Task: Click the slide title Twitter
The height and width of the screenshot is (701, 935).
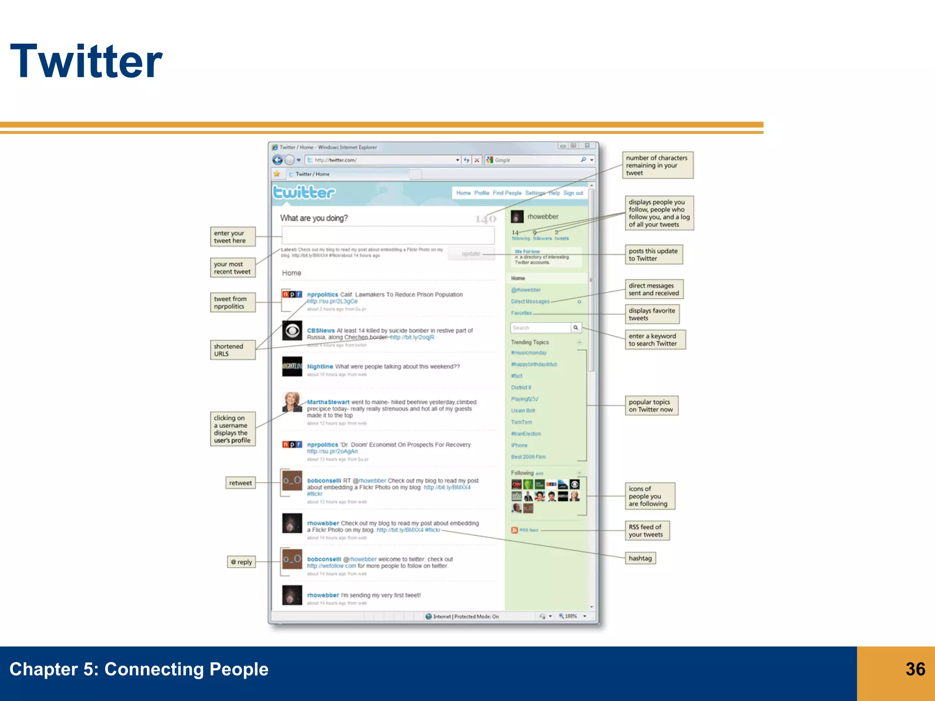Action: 86,61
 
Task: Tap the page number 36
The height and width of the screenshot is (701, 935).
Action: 915,669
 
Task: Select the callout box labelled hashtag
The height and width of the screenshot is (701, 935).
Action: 640,558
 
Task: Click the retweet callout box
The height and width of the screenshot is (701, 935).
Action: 240,483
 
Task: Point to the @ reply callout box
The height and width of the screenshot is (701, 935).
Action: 241,562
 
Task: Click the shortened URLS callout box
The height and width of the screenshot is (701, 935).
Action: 232,350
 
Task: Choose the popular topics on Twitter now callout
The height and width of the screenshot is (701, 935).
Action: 651,406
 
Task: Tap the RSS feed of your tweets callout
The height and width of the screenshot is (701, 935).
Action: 646,531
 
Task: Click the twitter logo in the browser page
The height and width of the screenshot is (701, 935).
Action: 304,193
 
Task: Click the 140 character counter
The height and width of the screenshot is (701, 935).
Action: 485,220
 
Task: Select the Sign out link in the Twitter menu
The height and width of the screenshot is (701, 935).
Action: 573,193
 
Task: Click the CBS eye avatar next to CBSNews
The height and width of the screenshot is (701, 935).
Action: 292,330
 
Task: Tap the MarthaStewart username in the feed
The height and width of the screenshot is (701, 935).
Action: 328,402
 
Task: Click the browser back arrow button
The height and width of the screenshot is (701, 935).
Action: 277,160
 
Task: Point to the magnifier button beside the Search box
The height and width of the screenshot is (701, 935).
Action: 576,328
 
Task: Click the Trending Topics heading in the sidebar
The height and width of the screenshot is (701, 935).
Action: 530,342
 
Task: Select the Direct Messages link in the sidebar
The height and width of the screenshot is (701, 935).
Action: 530,302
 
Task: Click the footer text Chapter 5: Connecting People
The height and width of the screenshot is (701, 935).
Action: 139,669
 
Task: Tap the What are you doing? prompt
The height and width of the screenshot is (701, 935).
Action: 314,218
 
